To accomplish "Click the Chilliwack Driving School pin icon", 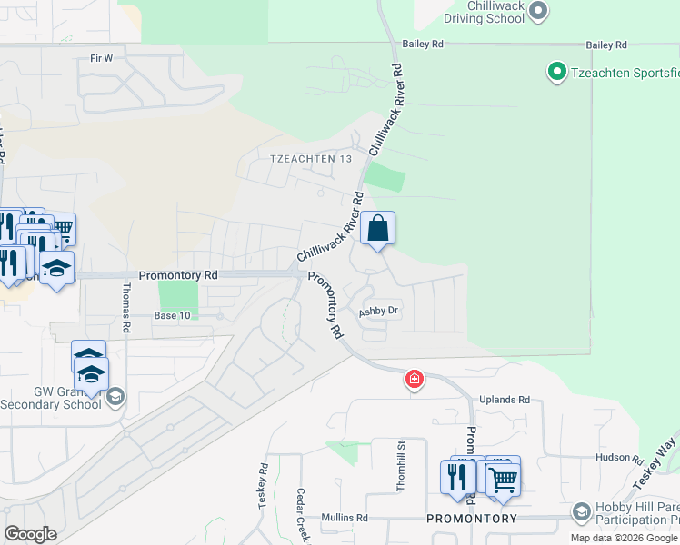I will point(537,11).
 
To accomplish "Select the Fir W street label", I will point(100,58).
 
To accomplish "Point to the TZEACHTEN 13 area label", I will point(310,159).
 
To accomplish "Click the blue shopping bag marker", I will point(378,228).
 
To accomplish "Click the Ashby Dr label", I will point(378,311).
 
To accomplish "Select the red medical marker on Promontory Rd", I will point(414,379).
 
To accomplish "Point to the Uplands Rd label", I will point(506,400).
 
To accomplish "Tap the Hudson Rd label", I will point(620,460).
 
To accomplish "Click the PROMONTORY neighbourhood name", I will point(472,519).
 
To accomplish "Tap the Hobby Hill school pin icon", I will point(581,513).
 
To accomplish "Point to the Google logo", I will point(30,534).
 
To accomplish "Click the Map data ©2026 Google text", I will point(625,538).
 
